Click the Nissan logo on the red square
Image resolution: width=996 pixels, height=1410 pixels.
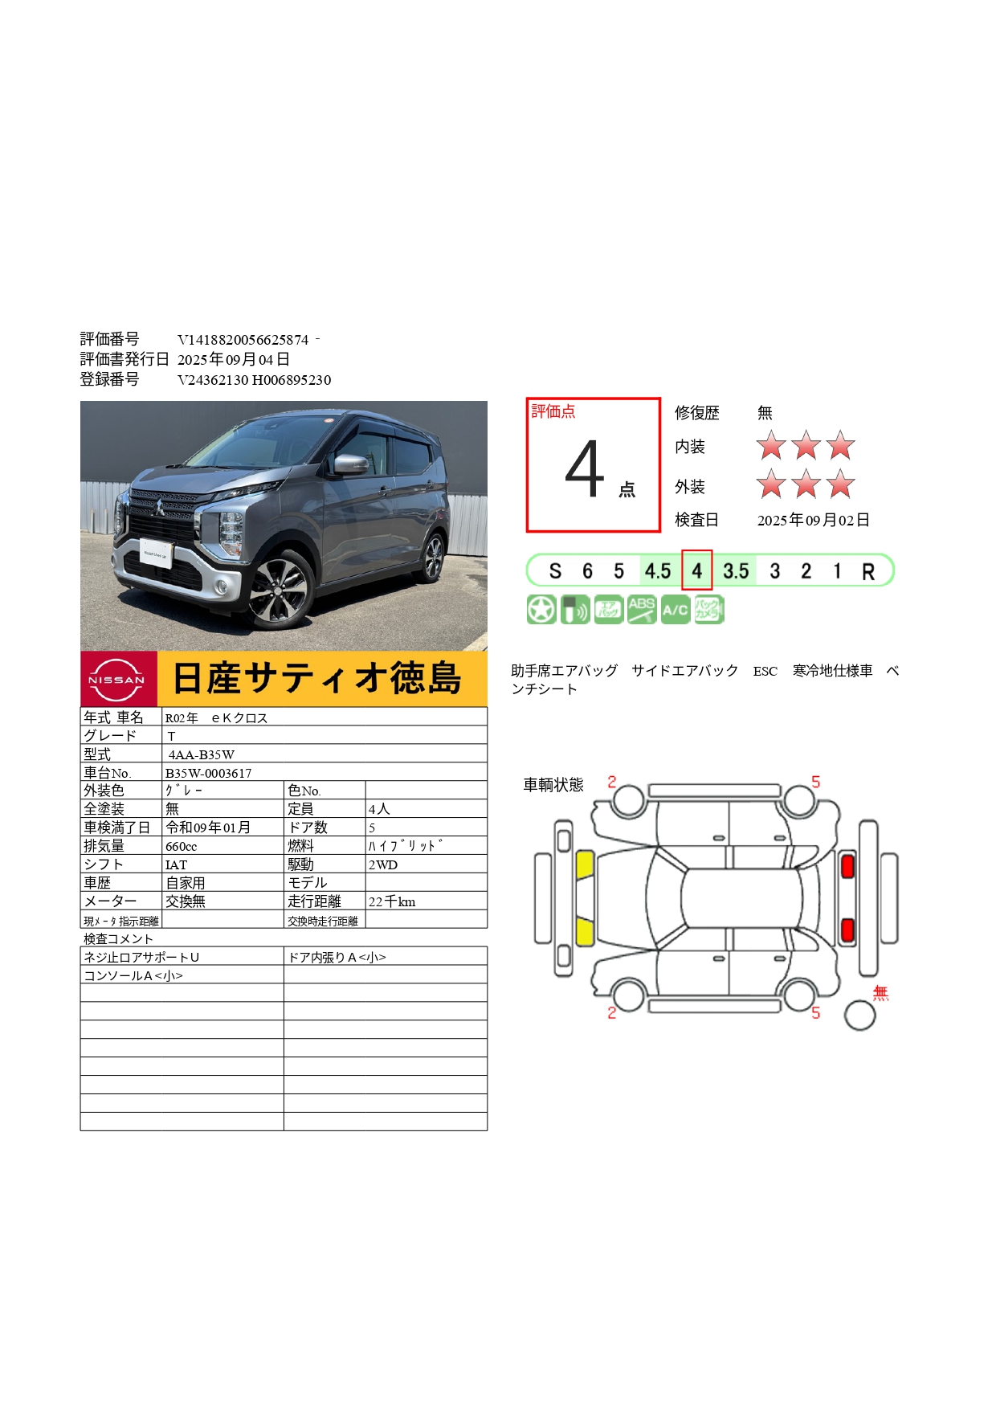point(117,680)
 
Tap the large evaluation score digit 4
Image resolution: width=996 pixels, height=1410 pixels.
point(584,469)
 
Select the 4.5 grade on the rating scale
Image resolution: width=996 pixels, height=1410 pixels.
point(658,571)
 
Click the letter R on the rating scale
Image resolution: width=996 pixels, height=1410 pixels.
point(868,572)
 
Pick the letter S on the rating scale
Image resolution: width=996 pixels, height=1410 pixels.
point(555,571)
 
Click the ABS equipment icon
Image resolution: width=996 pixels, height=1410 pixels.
point(641,610)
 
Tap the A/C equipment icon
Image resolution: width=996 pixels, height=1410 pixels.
point(676,610)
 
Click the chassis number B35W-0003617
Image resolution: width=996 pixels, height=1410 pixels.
point(209,773)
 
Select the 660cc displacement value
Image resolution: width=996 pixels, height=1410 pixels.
point(182,847)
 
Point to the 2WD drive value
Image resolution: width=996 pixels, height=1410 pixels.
point(383,865)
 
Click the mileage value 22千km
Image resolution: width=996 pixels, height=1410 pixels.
point(392,902)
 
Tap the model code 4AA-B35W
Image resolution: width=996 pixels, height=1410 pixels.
point(202,754)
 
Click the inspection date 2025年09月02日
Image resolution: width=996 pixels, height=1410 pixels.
point(814,521)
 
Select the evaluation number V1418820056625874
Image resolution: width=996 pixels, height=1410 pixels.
point(243,340)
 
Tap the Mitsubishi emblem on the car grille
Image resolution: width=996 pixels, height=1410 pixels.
point(160,508)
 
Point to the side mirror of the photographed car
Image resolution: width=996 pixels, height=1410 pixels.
point(351,464)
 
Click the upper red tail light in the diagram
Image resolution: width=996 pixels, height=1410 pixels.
point(847,866)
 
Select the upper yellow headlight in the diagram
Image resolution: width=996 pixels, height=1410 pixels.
point(585,864)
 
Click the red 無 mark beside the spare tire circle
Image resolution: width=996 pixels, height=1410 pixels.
point(881,993)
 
